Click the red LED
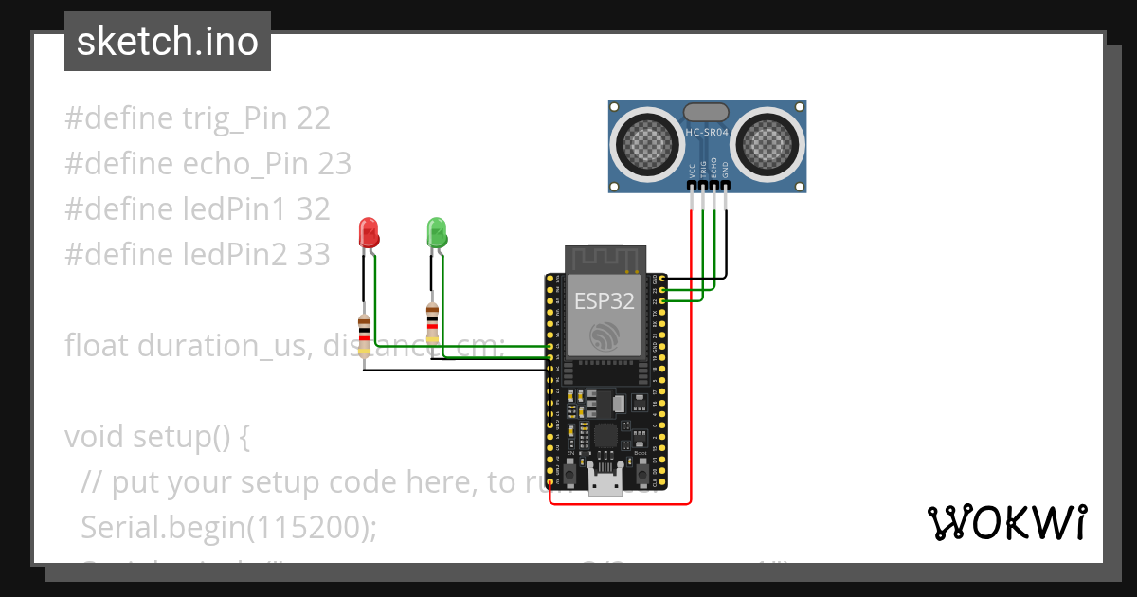point(368,232)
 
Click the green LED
point(436,232)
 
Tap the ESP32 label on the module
point(605,302)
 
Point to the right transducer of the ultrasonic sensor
point(767,142)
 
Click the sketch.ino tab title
point(168,42)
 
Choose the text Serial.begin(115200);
point(228,527)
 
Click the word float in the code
point(98,345)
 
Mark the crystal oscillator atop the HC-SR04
point(706,113)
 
